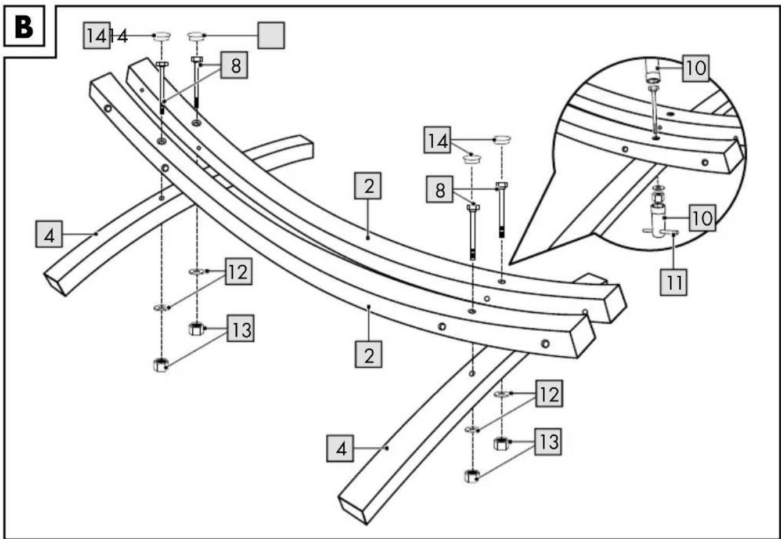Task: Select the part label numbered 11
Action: pyautogui.click(x=673, y=282)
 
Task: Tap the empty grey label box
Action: pyautogui.click(x=271, y=35)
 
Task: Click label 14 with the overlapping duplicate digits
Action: pyautogui.click(x=97, y=35)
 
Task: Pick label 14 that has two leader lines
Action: pyautogui.click(x=437, y=140)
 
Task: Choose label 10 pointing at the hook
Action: pyautogui.click(x=702, y=218)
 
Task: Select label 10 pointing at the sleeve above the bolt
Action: pyautogui.click(x=696, y=68)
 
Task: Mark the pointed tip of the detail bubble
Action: pyautogui.click(x=509, y=265)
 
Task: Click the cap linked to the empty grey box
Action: pyautogui.click(x=196, y=36)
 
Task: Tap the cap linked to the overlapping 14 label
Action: pyautogui.click(x=162, y=36)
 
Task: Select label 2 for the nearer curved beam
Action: pyautogui.click(x=369, y=354)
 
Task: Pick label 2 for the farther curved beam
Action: pyautogui.click(x=368, y=186)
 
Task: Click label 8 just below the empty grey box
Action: pyautogui.click(x=235, y=65)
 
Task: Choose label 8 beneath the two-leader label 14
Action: pyautogui.click(x=440, y=190)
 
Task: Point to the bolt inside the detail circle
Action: pyautogui.click(x=654, y=112)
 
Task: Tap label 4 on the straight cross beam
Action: pyautogui.click(x=340, y=448)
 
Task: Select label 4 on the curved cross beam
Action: pyautogui.click(x=49, y=234)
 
